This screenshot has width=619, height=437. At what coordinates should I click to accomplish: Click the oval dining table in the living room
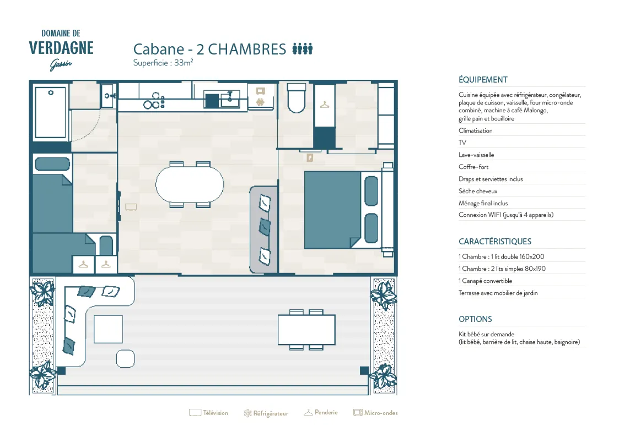(x=190, y=184)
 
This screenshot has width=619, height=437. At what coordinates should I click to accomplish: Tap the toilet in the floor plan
(x=297, y=98)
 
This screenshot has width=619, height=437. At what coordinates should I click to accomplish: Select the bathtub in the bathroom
(x=50, y=112)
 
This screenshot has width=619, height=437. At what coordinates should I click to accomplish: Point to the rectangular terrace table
(x=306, y=330)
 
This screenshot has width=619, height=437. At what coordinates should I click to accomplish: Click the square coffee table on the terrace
(x=108, y=329)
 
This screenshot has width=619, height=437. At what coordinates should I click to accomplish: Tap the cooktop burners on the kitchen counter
(x=154, y=101)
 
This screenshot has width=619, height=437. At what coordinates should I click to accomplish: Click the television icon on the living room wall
(x=131, y=207)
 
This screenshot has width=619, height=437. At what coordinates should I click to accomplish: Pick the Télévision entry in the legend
(x=209, y=413)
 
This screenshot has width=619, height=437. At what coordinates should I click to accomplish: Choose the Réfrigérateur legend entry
(x=266, y=413)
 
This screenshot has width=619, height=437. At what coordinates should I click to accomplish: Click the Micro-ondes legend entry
(x=375, y=413)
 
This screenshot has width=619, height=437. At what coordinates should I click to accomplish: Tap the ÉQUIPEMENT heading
(x=483, y=80)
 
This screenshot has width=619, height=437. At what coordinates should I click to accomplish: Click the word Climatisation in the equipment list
(x=475, y=130)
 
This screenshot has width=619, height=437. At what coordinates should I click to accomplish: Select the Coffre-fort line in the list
(x=473, y=167)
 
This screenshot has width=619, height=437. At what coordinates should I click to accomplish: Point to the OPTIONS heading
(x=475, y=319)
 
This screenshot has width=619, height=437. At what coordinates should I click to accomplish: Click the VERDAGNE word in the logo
(x=61, y=48)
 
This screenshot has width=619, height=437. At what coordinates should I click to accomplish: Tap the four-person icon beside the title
(x=303, y=48)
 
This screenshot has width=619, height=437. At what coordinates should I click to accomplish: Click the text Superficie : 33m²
(x=163, y=63)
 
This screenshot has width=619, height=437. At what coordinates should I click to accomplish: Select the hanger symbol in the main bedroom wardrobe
(x=325, y=105)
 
